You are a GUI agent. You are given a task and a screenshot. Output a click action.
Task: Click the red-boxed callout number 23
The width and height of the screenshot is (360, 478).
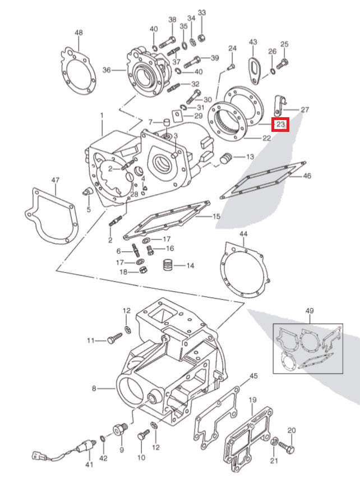pyautogui.click(x=280, y=123)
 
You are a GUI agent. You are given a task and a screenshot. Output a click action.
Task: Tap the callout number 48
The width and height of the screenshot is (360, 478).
pyautogui.click(x=79, y=33)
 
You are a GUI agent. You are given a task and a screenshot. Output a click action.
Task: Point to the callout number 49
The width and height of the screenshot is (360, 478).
pyautogui.click(x=310, y=311)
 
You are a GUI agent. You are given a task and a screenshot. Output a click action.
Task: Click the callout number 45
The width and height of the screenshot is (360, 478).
pyautogui.click(x=253, y=375)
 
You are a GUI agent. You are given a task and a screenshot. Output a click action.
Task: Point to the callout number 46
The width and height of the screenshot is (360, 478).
pyautogui.click(x=307, y=176)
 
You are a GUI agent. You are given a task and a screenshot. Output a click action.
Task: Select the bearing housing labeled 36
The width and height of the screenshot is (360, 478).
pyautogui.click(x=147, y=71)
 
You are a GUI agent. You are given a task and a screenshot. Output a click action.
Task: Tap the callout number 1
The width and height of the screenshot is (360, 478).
pyautogui.click(x=101, y=116)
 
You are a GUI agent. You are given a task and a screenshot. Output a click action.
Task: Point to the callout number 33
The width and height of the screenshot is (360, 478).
pyautogui.click(x=202, y=13)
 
